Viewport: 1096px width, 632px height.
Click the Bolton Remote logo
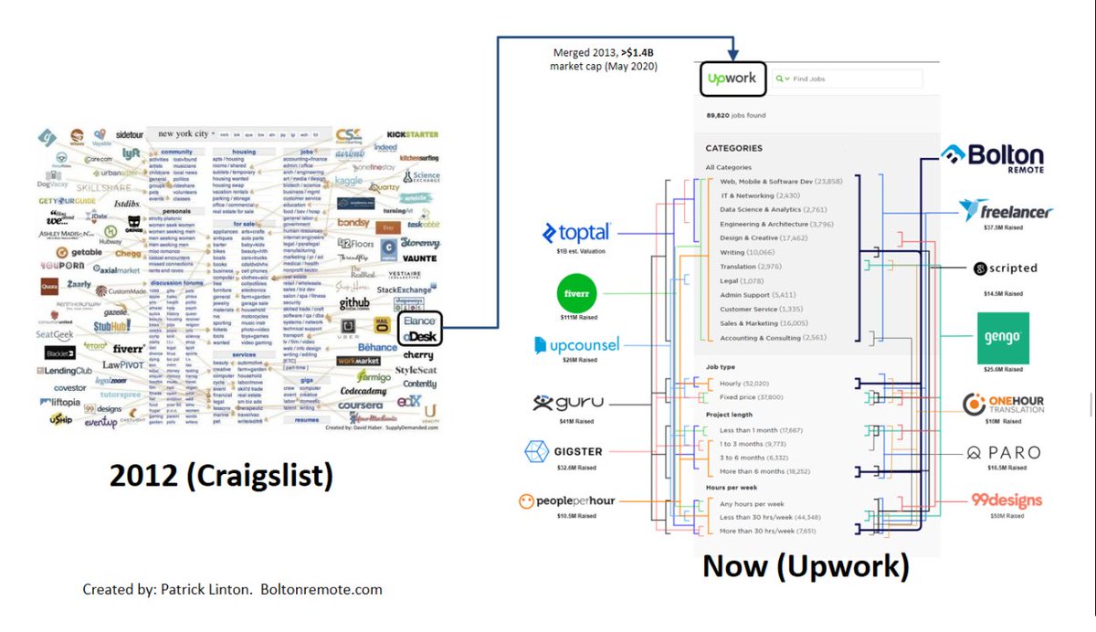tap(992, 157)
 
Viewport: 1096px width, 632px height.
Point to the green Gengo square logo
tap(1002, 338)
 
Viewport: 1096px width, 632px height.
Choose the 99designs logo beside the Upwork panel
tap(1006, 500)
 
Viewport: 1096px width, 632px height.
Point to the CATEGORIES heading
tap(733, 148)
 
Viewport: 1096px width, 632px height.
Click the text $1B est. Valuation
tap(582, 250)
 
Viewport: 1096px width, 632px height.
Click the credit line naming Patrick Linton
tap(232, 589)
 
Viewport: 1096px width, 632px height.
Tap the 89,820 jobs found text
tap(735, 116)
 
